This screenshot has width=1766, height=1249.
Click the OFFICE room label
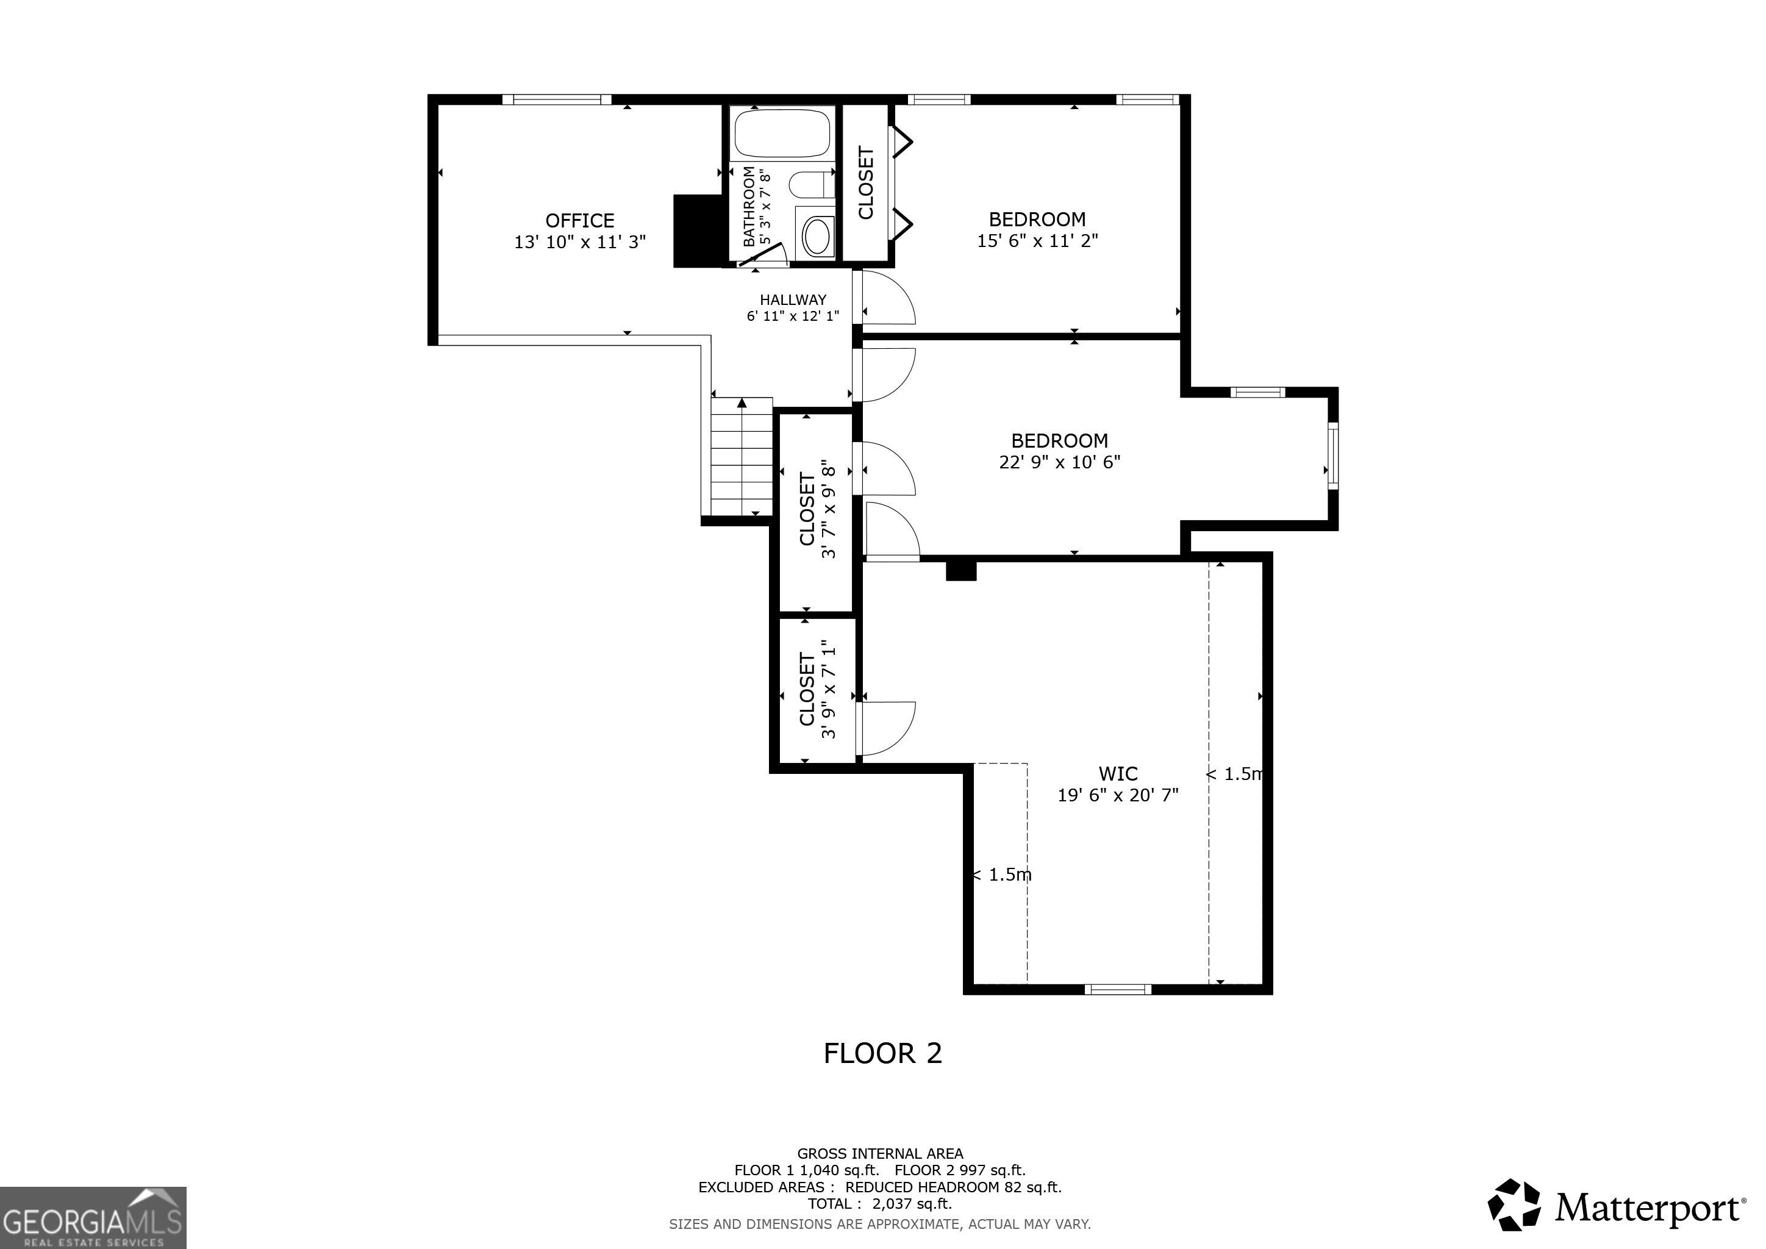579,221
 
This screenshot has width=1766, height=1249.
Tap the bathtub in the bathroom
782,133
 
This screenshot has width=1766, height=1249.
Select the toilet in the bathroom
812,185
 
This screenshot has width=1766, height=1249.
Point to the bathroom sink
817,235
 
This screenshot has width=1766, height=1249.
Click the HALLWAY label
793,300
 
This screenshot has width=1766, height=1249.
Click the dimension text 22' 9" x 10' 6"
1059,462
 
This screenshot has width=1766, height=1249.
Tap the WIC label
1118,774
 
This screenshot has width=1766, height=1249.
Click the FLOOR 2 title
882,1053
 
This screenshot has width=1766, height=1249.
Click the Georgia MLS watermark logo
93,1217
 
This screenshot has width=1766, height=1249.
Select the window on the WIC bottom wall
1118,989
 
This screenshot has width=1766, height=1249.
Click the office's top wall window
557,99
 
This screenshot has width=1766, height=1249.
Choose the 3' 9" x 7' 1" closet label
817,689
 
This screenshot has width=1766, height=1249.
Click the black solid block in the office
698,231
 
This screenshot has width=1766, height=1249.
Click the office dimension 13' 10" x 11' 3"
579,242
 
